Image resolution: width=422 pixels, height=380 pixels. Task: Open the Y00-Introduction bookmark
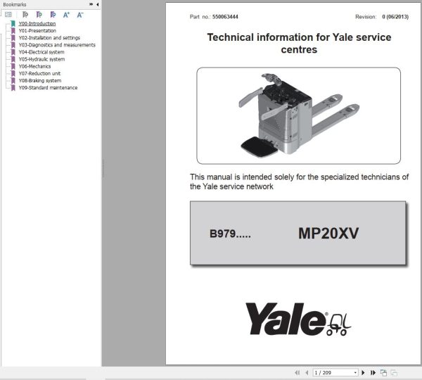(x=37, y=24)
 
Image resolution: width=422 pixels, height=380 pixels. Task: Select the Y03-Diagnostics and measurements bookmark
(x=57, y=45)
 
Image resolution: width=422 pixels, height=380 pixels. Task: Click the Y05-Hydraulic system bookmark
(x=41, y=59)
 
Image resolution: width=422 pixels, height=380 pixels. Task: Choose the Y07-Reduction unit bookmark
(x=39, y=73)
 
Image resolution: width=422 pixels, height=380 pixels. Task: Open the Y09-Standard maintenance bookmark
(x=48, y=88)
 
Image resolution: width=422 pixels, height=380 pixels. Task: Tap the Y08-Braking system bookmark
(x=40, y=81)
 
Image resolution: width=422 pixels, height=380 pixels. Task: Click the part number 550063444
(x=225, y=17)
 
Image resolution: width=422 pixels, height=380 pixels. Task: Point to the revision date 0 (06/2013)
(x=395, y=17)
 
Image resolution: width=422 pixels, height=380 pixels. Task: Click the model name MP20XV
(x=328, y=233)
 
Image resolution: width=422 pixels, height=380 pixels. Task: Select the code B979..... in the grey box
(x=230, y=234)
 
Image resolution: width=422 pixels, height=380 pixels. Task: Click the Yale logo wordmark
(x=286, y=319)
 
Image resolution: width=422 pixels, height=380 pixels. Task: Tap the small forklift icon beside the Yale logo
(x=338, y=325)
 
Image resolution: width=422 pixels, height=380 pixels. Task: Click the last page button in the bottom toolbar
(x=373, y=373)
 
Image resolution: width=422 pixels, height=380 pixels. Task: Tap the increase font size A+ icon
(x=66, y=15)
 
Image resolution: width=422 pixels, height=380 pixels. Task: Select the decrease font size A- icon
(x=80, y=15)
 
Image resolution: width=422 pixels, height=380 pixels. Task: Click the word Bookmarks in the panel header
(x=15, y=5)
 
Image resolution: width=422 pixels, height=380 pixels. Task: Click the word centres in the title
(x=299, y=50)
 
